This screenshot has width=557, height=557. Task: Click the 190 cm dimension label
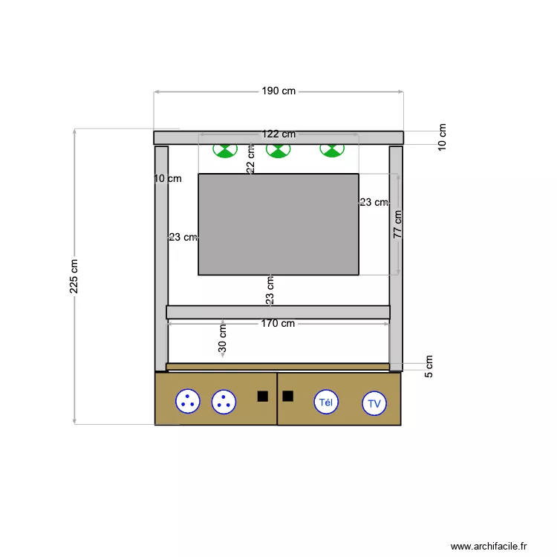[x=278, y=91]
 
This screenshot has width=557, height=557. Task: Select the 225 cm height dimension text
[x=74, y=276]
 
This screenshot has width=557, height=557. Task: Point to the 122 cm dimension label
[x=278, y=134]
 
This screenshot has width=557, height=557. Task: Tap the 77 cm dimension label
[x=398, y=224]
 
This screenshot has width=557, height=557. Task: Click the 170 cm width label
[x=278, y=323]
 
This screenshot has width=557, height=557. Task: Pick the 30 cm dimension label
[x=223, y=339]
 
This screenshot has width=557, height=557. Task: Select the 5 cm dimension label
[x=429, y=366]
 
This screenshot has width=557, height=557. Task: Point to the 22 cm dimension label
[x=250, y=159]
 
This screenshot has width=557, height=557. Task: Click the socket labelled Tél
[x=325, y=402]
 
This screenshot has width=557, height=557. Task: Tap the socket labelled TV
[x=374, y=404]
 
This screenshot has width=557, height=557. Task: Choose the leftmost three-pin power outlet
[x=188, y=401]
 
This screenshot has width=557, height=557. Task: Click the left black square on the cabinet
[x=262, y=396]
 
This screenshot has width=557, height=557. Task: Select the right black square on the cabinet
[x=288, y=396]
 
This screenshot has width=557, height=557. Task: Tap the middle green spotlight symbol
[x=278, y=150]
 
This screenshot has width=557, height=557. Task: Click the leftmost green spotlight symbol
[x=224, y=150]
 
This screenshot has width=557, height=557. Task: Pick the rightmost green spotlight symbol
[x=331, y=150]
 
